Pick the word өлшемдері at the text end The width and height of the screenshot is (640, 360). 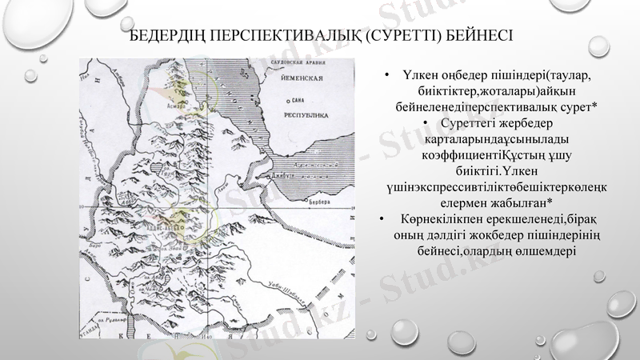(541, 250)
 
